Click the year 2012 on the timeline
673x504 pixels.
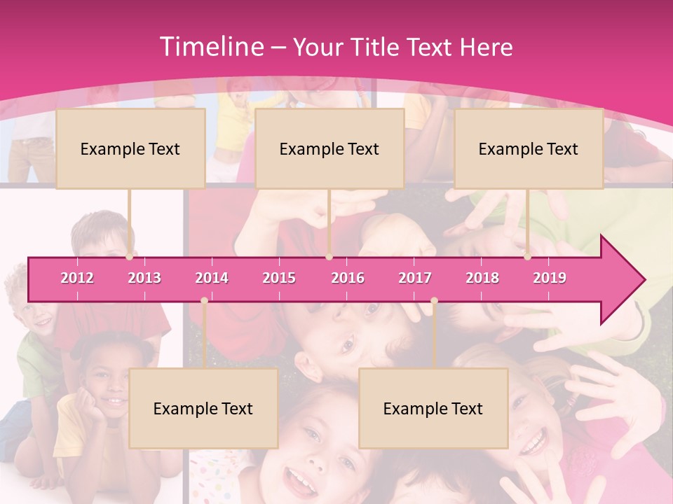click(77, 278)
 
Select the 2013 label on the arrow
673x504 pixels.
click(144, 278)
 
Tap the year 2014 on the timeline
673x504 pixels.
click(212, 278)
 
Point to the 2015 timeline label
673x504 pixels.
click(279, 278)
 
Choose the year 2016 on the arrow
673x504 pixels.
click(348, 278)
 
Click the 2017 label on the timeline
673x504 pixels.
click(415, 278)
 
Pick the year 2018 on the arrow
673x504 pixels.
click(482, 278)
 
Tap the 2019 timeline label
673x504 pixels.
click(550, 278)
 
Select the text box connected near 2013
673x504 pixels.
click(130, 148)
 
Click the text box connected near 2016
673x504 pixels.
click(329, 148)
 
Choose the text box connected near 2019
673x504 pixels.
click(529, 148)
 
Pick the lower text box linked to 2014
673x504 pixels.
click(203, 409)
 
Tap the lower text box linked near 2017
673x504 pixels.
click(433, 409)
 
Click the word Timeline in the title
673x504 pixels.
click(210, 46)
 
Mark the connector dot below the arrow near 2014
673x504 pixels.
click(204, 301)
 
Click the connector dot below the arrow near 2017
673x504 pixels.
click(434, 301)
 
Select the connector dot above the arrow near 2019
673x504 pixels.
click(528, 257)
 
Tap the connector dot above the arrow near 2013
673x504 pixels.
click(130, 257)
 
